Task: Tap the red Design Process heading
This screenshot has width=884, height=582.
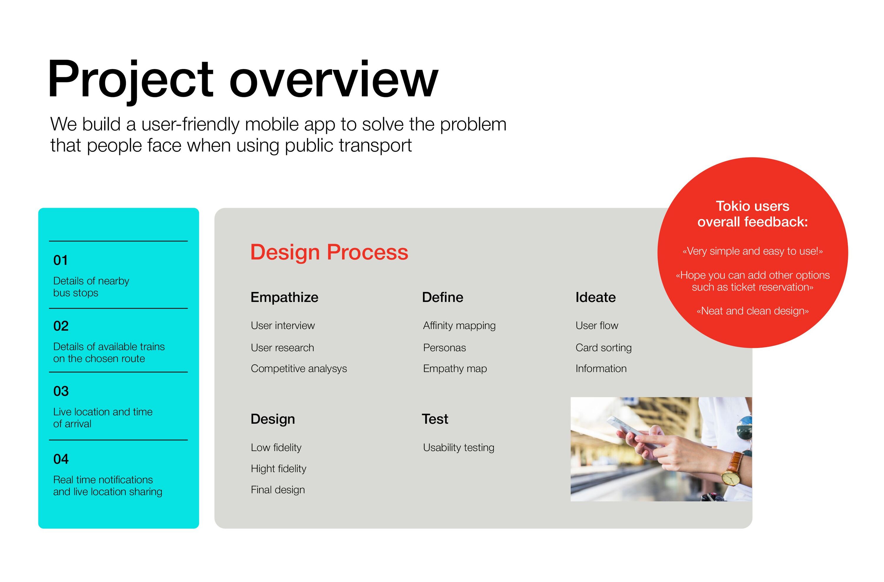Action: coord(329,253)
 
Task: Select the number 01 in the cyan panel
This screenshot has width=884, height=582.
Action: coord(60,260)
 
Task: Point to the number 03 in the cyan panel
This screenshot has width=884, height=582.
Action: coord(61,391)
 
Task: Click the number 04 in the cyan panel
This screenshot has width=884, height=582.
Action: coord(61,459)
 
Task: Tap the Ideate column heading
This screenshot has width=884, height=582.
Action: coord(596,297)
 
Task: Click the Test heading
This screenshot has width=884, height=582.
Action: coord(435,419)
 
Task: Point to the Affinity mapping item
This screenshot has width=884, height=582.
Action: coord(459,326)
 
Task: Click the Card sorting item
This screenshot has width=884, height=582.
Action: coord(603,348)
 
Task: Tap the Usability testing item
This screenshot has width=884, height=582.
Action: coord(459,448)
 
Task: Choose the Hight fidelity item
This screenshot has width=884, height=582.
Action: coord(278,469)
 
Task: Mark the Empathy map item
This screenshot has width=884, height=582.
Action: coord(455,369)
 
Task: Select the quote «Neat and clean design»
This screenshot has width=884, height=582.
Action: coord(753,311)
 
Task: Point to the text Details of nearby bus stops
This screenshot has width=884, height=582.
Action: coord(91,287)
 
